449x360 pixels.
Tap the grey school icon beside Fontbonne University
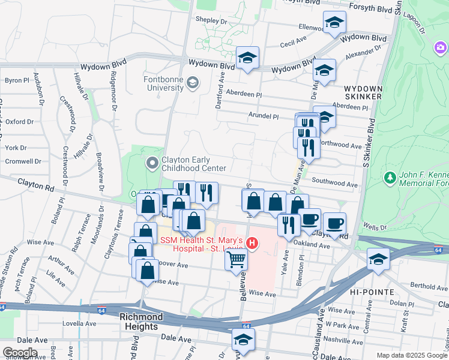pyautogui.click(x=192, y=83)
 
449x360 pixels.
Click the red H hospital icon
pyautogui.click(x=253, y=244)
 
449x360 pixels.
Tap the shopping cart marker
pyautogui.click(x=237, y=260)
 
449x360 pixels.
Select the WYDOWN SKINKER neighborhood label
pyautogui.click(x=362, y=92)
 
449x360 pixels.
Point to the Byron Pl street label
pyautogui.click(x=17, y=80)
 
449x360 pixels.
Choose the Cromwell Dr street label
pyautogui.click(x=22, y=161)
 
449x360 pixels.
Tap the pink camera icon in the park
pyautogui.click(x=441, y=47)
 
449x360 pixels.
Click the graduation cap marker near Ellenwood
pyautogui.click(x=334, y=23)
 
